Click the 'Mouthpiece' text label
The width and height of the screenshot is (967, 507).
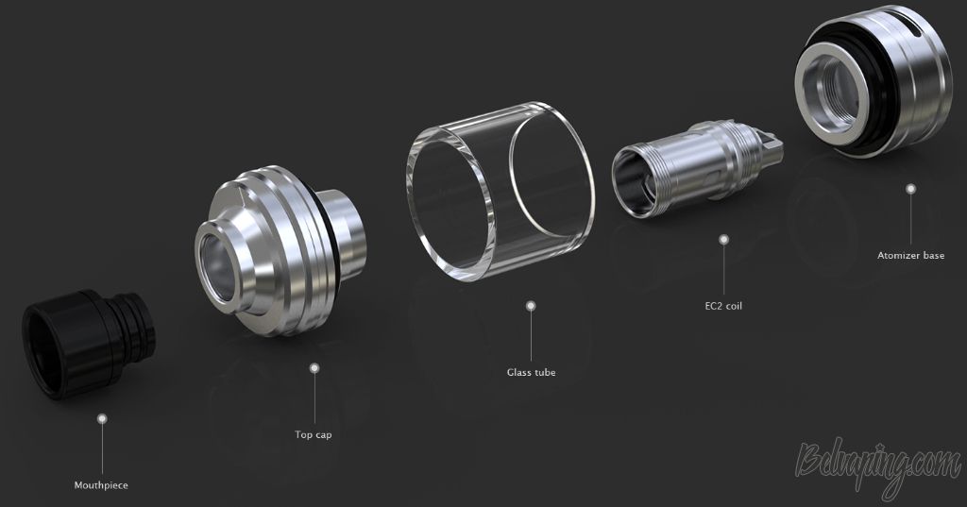click(101, 485)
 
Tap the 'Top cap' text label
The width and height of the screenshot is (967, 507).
click(314, 435)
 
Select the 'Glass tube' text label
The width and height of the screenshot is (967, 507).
click(531, 373)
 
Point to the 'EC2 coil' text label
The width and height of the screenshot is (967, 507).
click(723, 306)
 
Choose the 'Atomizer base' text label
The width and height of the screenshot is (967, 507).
click(911, 255)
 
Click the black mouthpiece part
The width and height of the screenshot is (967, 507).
click(88, 343)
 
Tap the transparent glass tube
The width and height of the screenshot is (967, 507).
click(500, 192)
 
